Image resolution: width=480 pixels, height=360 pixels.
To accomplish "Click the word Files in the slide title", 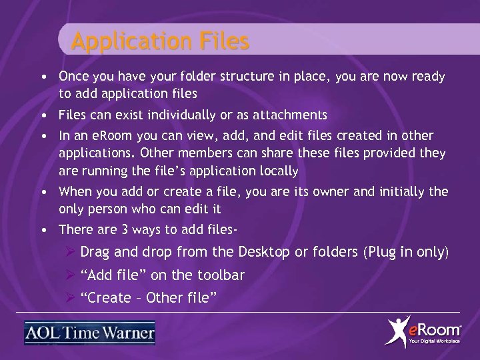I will pos(223,41).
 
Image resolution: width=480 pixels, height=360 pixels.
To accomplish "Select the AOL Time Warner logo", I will pos(89,332).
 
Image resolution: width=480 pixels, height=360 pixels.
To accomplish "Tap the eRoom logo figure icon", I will pos(399,331).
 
